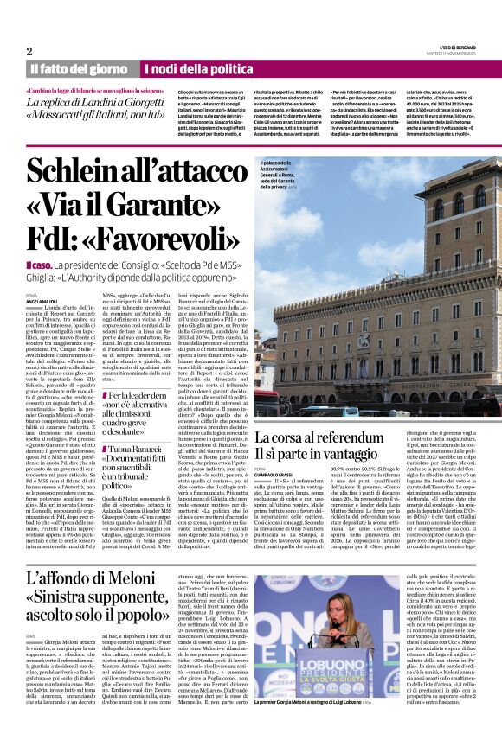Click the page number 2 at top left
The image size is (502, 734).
pyautogui.click(x=29, y=51)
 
